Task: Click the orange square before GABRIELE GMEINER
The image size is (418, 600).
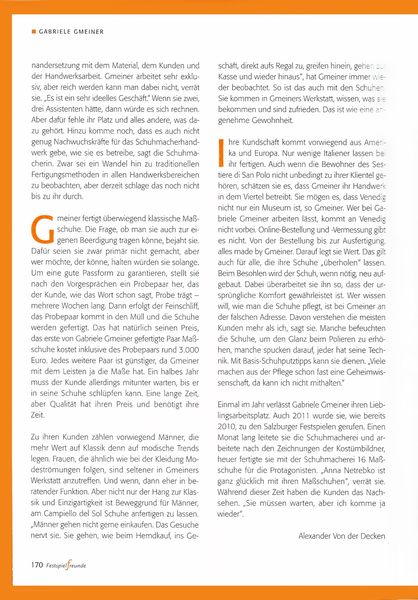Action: coord(33,31)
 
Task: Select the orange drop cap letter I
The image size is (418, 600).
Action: coord(221,153)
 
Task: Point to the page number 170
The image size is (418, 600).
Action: coord(37,565)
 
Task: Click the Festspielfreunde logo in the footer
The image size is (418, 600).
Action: coord(66,565)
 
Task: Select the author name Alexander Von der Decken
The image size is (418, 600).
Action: coord(342,536)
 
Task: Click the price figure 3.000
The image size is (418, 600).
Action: coord(189,350)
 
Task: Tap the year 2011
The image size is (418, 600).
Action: coord(301,416)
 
